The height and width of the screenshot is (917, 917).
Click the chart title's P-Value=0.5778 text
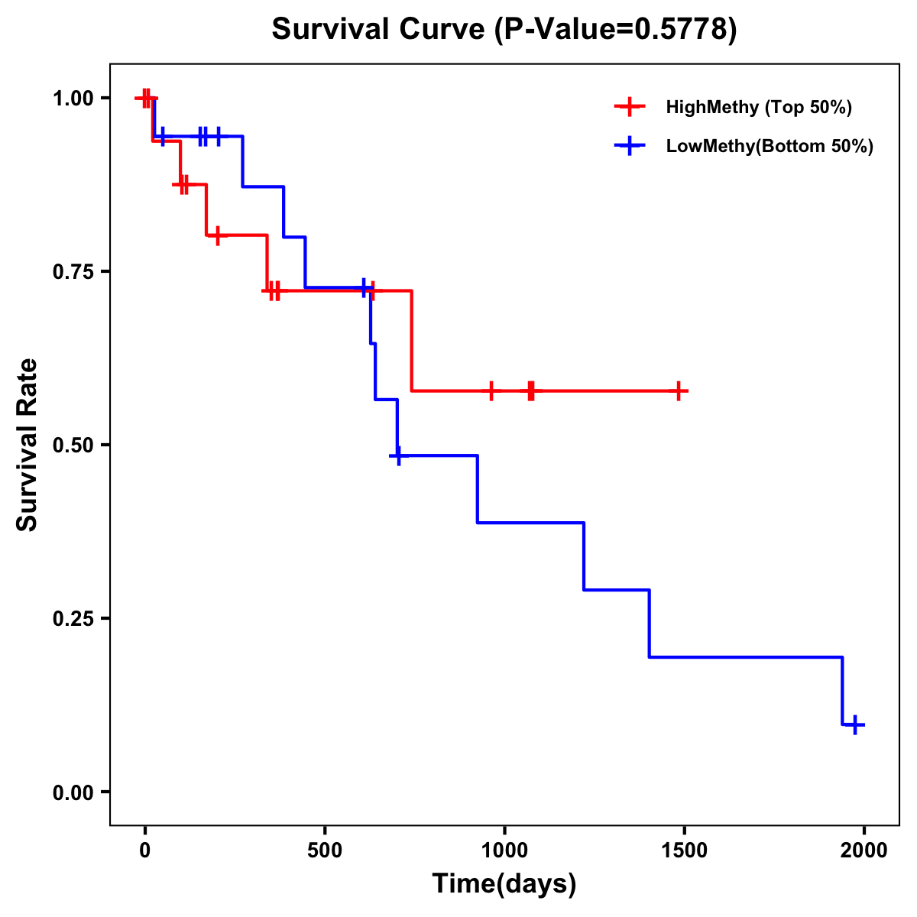point(616,29)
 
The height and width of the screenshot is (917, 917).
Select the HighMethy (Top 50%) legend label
point(758,107)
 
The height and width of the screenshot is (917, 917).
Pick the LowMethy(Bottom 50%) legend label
point(770,146)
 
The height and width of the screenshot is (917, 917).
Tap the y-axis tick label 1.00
point(73,98)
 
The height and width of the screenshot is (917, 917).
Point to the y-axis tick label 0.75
point(73,271)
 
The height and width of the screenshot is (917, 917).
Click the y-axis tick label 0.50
point(73,445)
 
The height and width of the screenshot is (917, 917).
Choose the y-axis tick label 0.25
point(73,618)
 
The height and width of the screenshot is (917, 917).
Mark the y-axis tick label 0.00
point(73,792)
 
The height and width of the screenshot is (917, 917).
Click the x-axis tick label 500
point(325,851)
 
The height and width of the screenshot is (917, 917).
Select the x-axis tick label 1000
point(504,851)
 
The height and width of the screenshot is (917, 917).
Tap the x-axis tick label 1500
point(684,851)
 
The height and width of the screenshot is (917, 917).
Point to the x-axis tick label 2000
point(864,851)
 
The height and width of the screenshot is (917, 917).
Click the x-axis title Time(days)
point(504,883)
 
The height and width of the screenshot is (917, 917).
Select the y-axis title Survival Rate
point(28,445)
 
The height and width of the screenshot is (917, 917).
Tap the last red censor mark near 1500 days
point(678,391)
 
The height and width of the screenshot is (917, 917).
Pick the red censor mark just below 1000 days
point(491,391)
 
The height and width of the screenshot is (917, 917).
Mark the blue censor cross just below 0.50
point(397,455)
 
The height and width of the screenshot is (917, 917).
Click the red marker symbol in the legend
point(630,107)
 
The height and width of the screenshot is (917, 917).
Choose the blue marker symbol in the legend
point(630,146)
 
